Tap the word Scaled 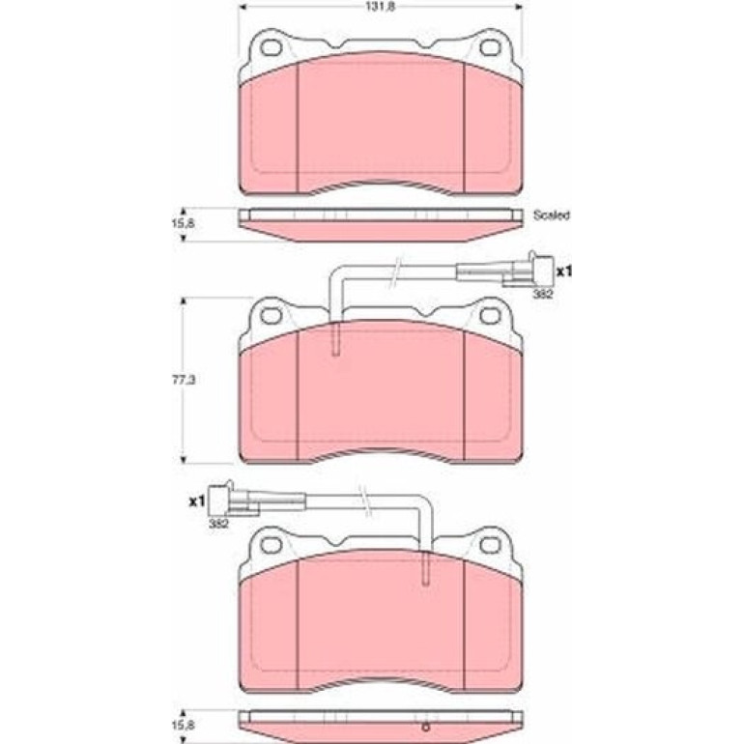point(552,215)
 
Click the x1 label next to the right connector point(564,272)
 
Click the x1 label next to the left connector point(197,501)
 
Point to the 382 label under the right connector point(543,294)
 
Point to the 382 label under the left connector point(218,524)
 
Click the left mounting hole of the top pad point(272,47)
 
